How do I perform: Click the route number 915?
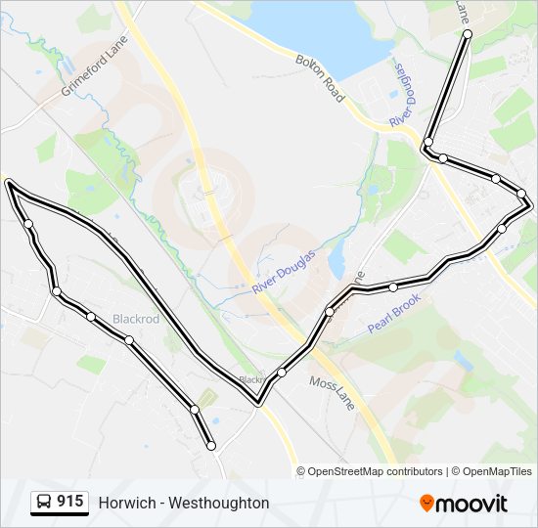pyautogui.click(x=69, y=502)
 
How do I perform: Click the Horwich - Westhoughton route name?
pyautogui.click(x=183, y=503)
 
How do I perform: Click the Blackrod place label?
pyautogui.click(x=135, y=320)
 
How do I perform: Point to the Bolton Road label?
pyautogui.click(x=320, y=78)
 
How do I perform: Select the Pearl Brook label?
pyautogui.click(x=394, y=313)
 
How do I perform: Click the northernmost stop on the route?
pyautogui.click(x=468, y=34)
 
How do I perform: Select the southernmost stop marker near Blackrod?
pyautogui.click(x=211, y=446)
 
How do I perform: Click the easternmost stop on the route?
pyautogui.click(x=528, y=203)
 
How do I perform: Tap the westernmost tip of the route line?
pyautogui.click(x=8, y=182)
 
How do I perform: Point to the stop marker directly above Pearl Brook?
pyautogui.click(x=393, y=287)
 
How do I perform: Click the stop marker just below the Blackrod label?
pyautogui.click(x=129, y=340)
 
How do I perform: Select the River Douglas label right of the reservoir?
pyautogui.click(x=402, y=94)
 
